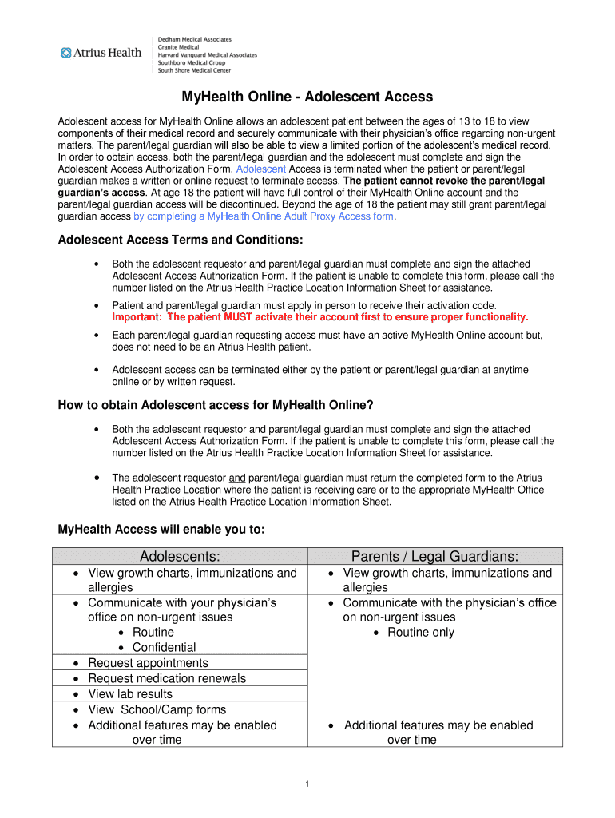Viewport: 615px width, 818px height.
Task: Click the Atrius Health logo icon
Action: coord(65,54)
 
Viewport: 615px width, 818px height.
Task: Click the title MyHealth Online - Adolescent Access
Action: coord(307,97)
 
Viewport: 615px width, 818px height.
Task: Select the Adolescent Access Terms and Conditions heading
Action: coord(181,240)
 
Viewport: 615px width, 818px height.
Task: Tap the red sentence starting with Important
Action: coord(320,317)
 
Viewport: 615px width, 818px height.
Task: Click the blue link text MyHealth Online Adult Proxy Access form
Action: coord(265,216)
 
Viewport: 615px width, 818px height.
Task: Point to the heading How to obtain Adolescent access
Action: coord(216,405)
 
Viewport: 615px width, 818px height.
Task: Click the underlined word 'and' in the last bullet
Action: coord(237,478)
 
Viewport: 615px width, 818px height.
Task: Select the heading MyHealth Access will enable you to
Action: coord(161,530)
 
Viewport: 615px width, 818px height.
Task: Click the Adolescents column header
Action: coord(180,557)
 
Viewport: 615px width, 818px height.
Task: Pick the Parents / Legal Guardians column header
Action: coord(434,557)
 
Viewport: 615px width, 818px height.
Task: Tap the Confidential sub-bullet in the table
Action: coord(164,648)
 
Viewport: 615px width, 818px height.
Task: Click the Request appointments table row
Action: coord(148,663)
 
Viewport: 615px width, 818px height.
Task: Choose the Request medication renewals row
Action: coord(167,679)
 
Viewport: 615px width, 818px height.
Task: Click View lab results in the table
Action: coord(130,694)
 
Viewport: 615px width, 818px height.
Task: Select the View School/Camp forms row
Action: coord(157,710)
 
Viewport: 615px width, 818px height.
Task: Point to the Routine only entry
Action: coord(420,633)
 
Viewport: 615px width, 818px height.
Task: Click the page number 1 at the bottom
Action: coord(307,784)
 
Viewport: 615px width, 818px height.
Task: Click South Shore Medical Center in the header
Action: coord(194,70)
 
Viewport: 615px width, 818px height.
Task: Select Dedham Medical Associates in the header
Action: coord(195,39)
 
